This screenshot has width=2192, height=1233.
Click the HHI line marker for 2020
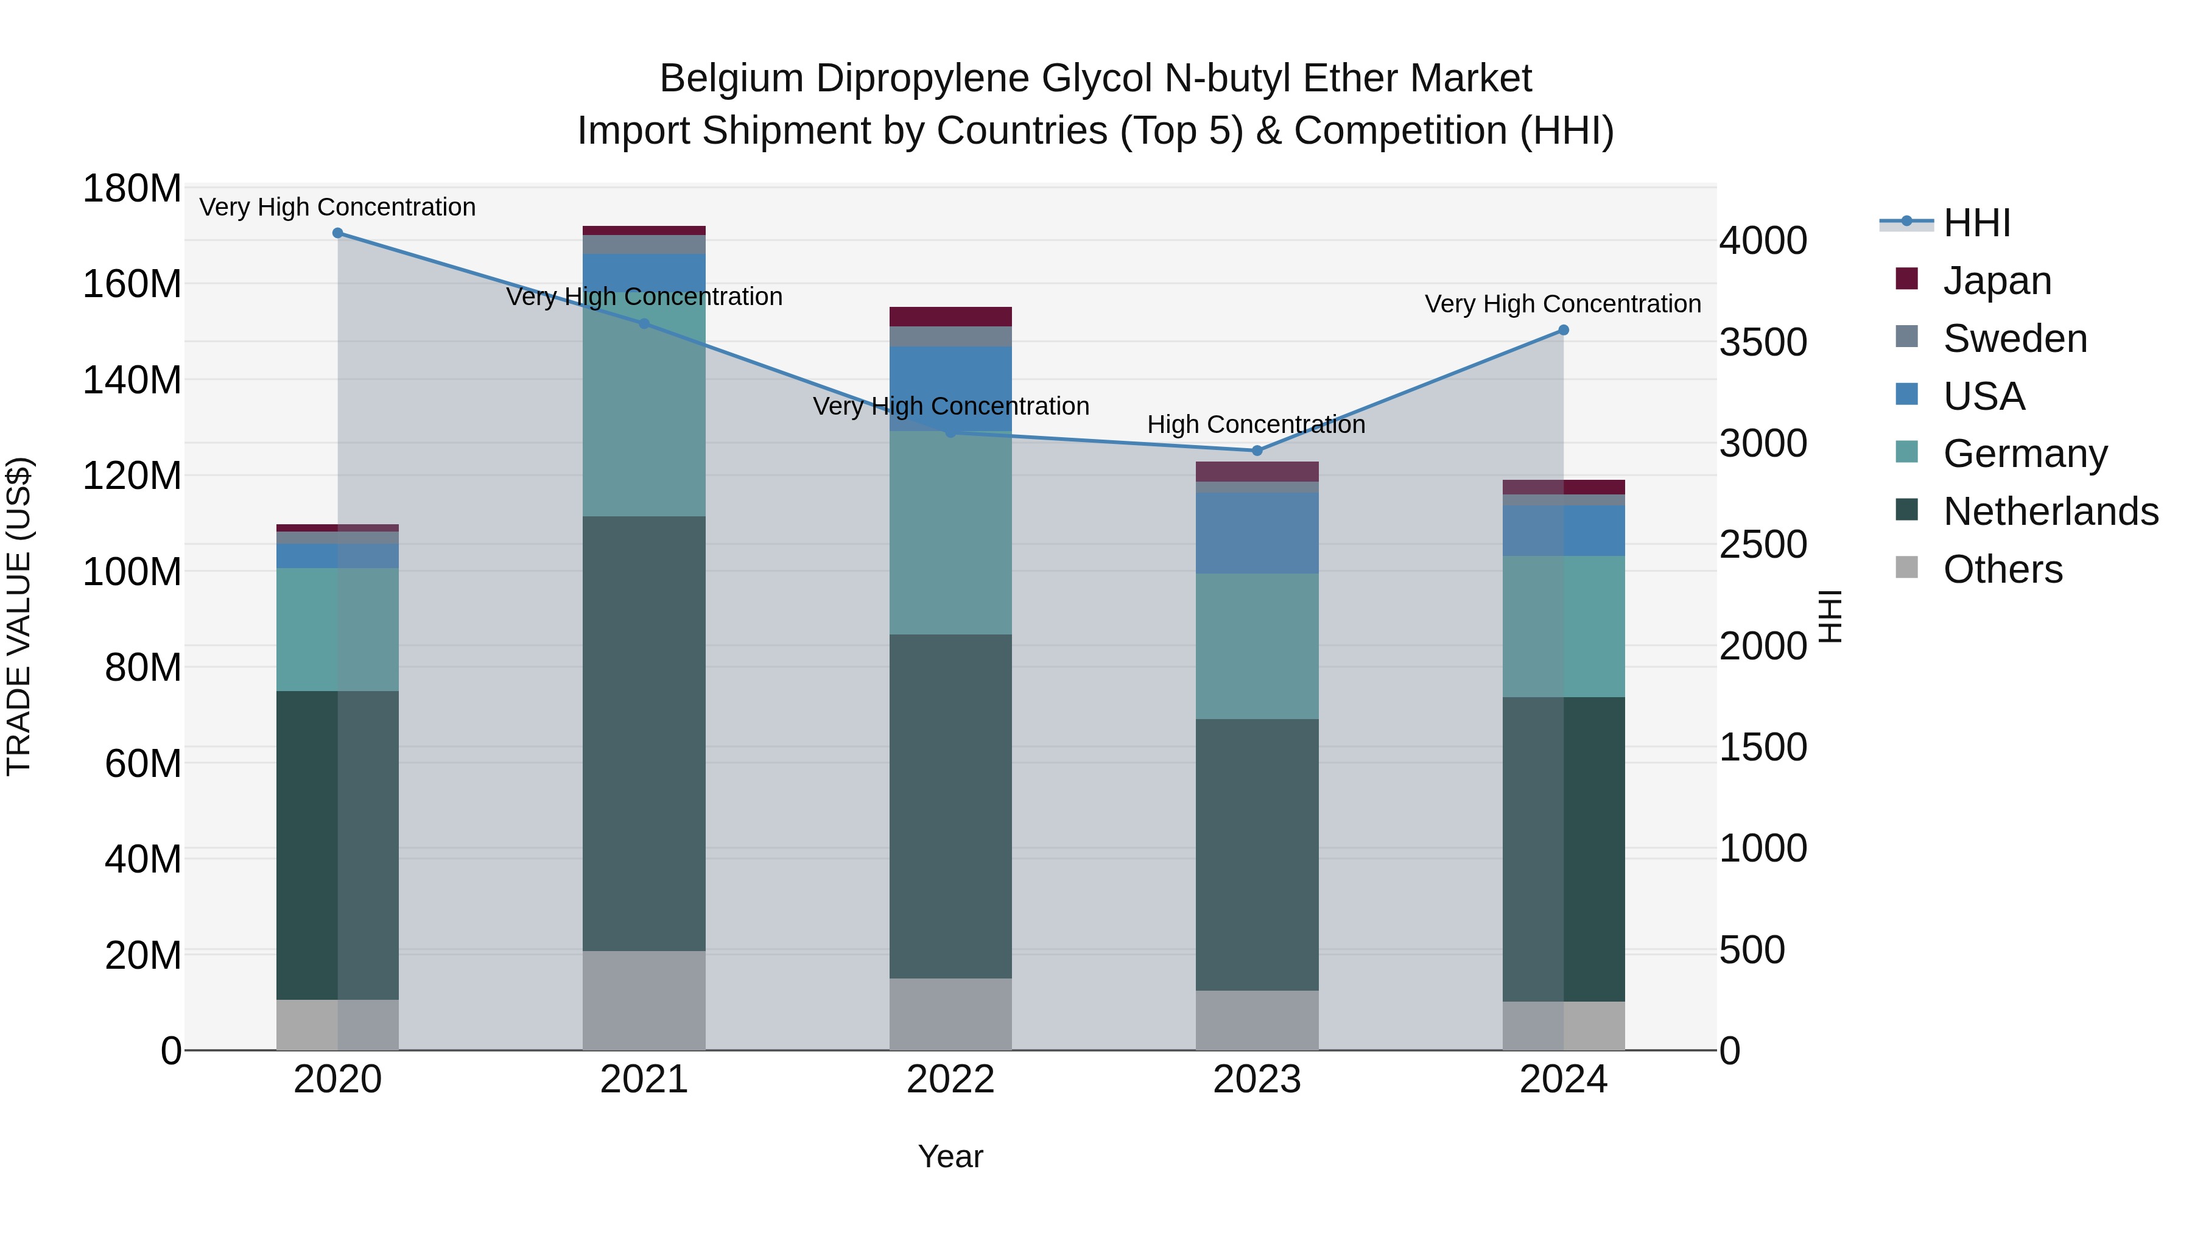[x=338, y=233]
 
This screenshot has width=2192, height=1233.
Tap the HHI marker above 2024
[x=1563, y=330]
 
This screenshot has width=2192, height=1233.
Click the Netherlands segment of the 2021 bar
[x=644, y=732]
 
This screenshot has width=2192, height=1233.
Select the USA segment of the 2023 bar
[x=1257, y=533]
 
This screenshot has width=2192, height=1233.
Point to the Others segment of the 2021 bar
[x=644, y=1000]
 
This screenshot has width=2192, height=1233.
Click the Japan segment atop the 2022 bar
[x=950, y=317]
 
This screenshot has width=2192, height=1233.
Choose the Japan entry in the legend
[x=1997, y=281]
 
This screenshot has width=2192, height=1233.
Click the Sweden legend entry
[x=2014, y=339]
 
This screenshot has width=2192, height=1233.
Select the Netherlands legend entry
[x=2050, y=511]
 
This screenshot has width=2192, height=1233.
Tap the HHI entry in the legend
[x=1976, y=223]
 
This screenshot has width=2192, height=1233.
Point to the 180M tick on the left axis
[x=132, y=188]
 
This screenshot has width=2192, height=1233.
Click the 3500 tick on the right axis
[x=1763, y=342]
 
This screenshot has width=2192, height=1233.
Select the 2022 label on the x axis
[x=950, y=1080]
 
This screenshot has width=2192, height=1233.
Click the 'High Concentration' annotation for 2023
[x=1256, y=424]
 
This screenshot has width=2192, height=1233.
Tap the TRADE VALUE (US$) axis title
[x=19, y=616]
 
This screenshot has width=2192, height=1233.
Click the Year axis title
[x=950, y=1156]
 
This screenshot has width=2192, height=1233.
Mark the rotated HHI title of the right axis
[x=1830, y=616]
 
